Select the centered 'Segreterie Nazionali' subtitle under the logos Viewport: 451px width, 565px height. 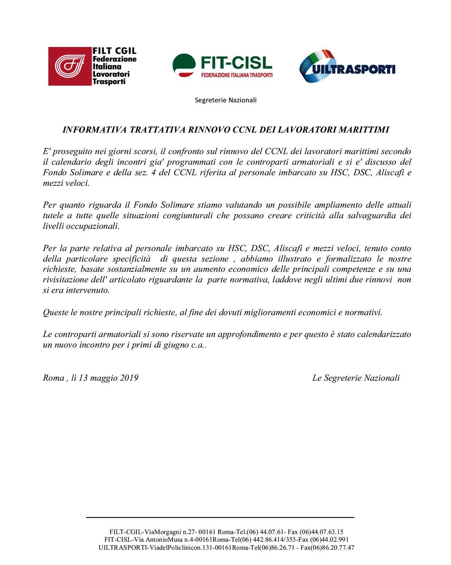coord(225,100)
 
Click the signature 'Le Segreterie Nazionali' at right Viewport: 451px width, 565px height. coord(356,378)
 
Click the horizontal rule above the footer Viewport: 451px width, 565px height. coord(220,517)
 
